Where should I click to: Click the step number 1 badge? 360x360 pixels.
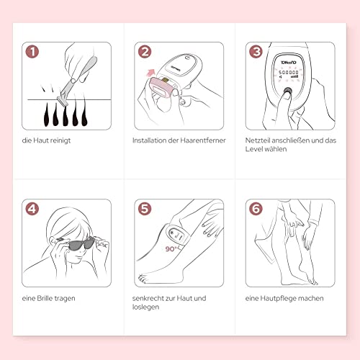tap(32, 52)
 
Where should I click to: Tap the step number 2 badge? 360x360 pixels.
tap(145, 52)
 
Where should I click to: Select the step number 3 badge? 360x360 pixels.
tap(256, 52)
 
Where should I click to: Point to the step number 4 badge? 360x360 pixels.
tap(32, 209)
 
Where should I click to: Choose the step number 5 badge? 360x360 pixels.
tap(145, 209)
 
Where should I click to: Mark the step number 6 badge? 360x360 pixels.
tap(256, 209)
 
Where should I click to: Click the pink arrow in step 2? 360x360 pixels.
tap(151, 72)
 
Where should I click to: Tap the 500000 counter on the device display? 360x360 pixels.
tap(288, 72)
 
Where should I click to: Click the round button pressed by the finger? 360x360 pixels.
tap(287, 91)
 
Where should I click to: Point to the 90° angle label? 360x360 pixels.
tap(171, 249)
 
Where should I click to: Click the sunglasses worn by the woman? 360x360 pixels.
tap(79, 243)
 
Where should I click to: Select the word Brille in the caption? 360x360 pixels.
tap(45, 298)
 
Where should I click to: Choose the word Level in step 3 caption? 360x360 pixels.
tap(253, 149)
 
